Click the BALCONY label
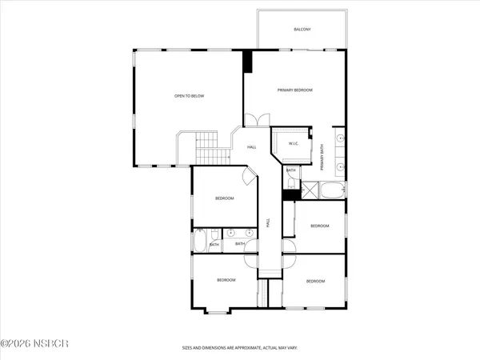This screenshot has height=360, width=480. (x=302, y=30)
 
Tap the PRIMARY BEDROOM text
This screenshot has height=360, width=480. (x=294, y=91)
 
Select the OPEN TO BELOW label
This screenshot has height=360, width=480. (x=190, y=96)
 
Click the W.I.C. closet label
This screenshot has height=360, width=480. (x=293, y=145)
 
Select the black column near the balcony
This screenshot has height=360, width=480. (x=247, y=62)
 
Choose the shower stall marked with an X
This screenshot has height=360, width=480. (x=290, y=191)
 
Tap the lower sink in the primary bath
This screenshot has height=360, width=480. (x=341, y=167)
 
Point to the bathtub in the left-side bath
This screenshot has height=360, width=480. (x=201, y=241)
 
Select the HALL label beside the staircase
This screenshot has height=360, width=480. (x=251, y=147)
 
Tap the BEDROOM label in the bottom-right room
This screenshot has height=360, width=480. (x=315, y=282)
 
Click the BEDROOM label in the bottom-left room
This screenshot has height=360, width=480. (x=226, y=280)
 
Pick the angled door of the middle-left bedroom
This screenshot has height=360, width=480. (x=248, y=178)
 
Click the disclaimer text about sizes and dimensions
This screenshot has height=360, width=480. (x=239, y=349)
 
